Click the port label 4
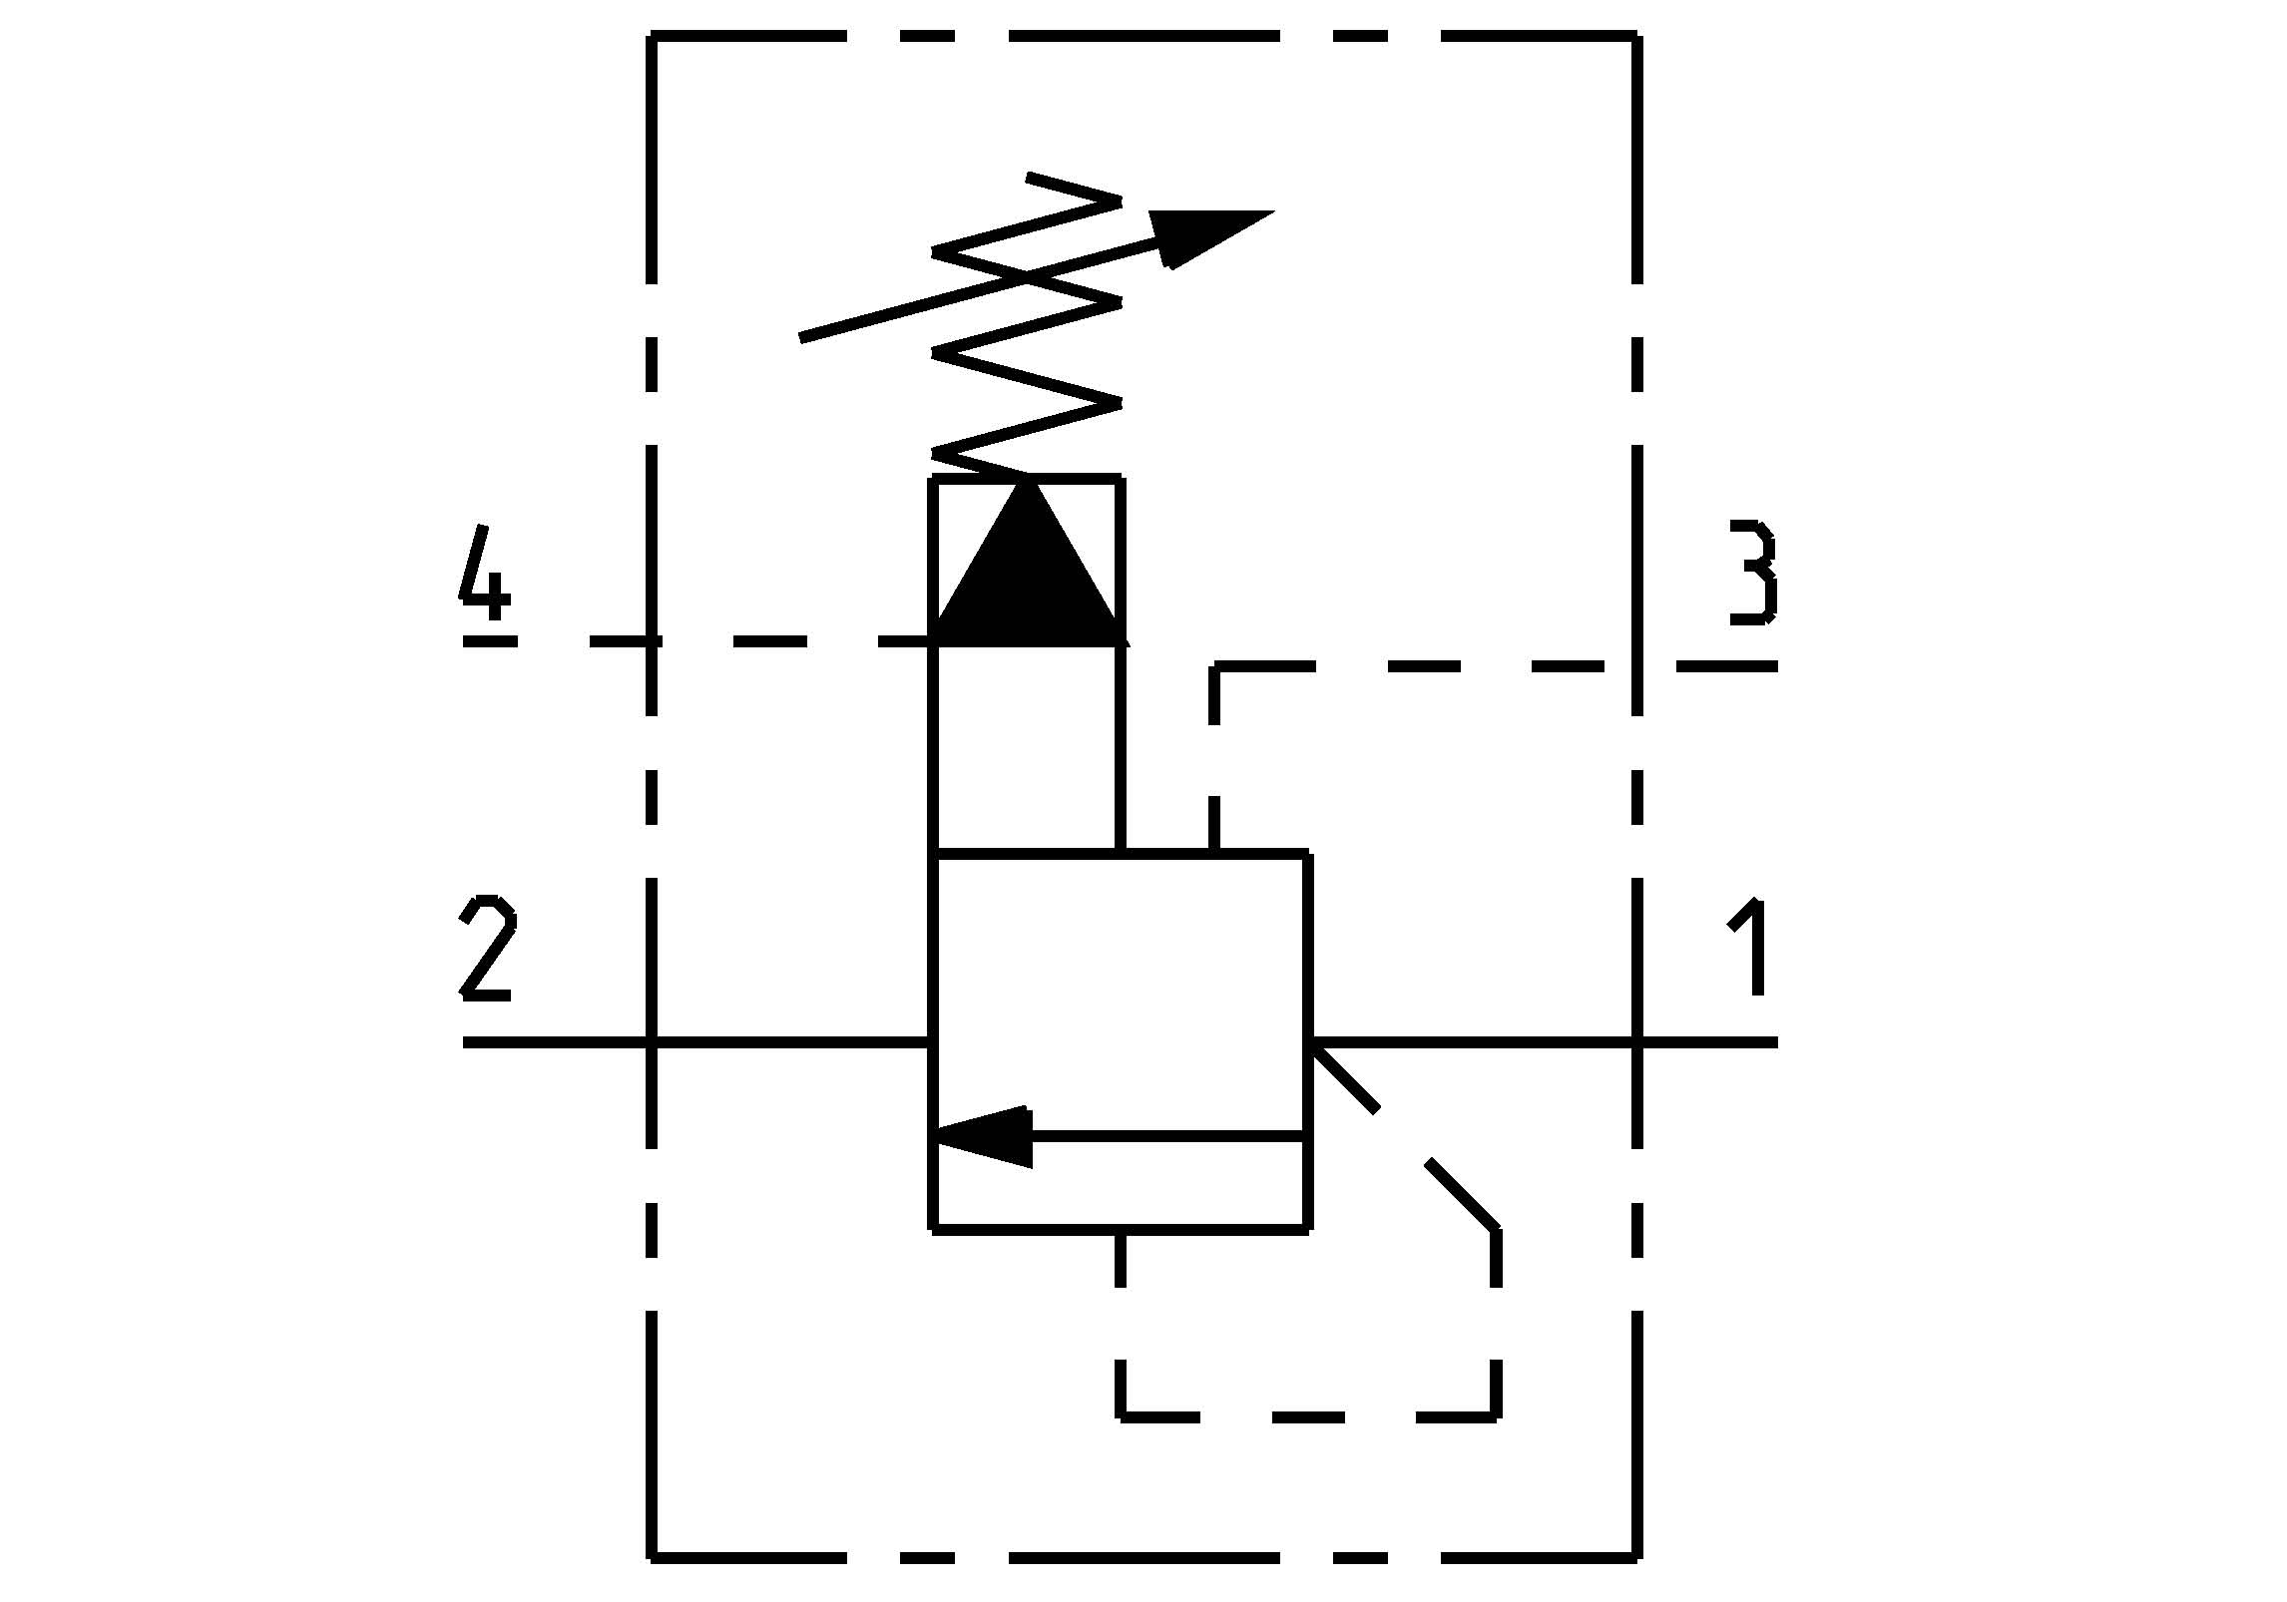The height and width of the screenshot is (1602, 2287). pos(485,572)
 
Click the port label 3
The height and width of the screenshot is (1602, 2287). pos(1753,573)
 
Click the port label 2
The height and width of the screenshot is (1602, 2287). pos(487,949)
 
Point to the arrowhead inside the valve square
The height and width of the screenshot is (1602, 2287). pos(983,1136)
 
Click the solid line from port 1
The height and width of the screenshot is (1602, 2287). pos(1477,1042)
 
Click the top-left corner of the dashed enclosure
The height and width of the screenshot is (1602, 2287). pos(652,37)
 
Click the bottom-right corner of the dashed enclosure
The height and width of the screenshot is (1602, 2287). pos(1637,1555)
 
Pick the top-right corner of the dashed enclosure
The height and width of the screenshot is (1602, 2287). pos(1637,37)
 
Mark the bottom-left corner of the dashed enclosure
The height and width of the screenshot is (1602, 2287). pos(652,1555)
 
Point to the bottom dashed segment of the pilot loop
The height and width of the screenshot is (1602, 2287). pos(1307,1414)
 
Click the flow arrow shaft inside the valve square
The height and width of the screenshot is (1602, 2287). pos(1167,1136)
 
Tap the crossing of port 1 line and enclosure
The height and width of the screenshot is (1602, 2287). pos(1637,1042)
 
